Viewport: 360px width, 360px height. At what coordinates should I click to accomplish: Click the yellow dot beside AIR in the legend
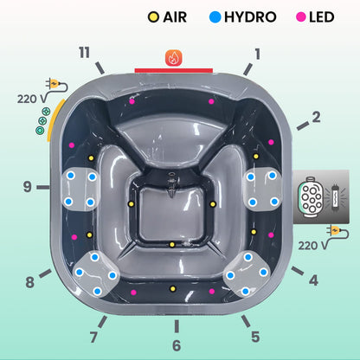point(153,17)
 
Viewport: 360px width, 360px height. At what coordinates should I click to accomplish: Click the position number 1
point(257,54)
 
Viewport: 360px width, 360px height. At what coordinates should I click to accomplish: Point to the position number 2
point(316,117)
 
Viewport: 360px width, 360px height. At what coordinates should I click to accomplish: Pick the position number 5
point(254,337)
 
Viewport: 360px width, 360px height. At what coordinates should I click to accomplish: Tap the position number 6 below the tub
point(177,345)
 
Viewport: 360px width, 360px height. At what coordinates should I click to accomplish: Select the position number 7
point(93,337)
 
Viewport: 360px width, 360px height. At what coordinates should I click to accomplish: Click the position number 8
point(30,281)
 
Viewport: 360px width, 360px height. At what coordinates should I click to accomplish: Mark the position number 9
point(28,185)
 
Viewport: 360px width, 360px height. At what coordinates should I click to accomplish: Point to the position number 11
point(84,53)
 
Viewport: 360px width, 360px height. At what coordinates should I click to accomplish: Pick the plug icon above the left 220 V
point(56,86)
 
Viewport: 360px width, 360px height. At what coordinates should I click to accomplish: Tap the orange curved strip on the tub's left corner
point(55,121)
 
